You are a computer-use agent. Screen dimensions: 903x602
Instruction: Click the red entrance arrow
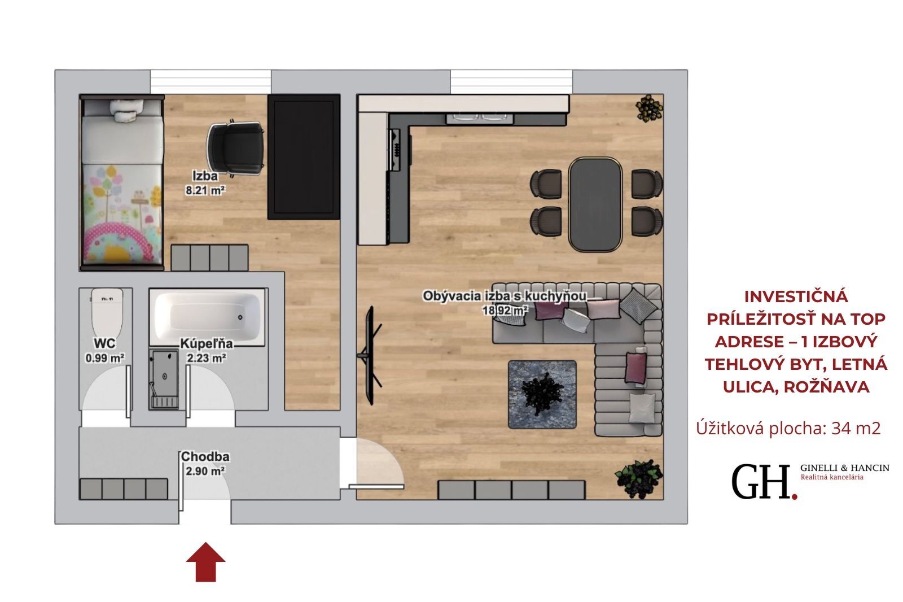(205, 562)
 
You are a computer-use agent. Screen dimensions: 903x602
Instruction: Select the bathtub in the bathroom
(207, 317)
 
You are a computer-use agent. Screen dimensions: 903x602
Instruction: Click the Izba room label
(205, 176)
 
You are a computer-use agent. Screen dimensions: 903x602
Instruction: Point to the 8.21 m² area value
(205, 190)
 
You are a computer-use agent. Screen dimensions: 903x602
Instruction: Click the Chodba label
(205, 457)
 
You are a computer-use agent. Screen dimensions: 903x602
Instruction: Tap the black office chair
(236, 149)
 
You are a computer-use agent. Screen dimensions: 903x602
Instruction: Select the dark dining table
(595, 204)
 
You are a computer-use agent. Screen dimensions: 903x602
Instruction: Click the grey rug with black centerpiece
(542, 394)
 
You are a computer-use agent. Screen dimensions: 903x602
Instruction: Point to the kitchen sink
(479, 118)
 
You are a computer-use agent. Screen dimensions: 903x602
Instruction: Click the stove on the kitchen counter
(396, 149)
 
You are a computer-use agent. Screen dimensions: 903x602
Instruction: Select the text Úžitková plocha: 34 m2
(788, 428)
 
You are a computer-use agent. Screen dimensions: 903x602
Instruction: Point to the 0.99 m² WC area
(104, 358)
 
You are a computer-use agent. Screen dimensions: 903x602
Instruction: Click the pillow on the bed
(126, 110)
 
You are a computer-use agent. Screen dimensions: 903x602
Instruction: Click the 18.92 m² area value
(505, 310)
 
